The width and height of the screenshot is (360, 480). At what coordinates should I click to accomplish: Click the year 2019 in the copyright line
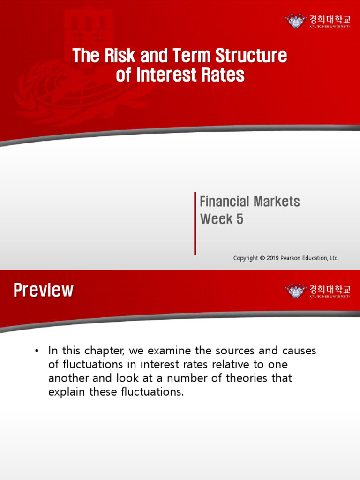click(x=273, y=258)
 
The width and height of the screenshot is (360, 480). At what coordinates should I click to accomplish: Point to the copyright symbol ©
click(x=262, y=258)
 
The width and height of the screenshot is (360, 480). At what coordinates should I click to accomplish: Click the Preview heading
click(x=43, y=290)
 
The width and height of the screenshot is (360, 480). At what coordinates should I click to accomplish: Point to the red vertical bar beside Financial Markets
click(x=195, y=223)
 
